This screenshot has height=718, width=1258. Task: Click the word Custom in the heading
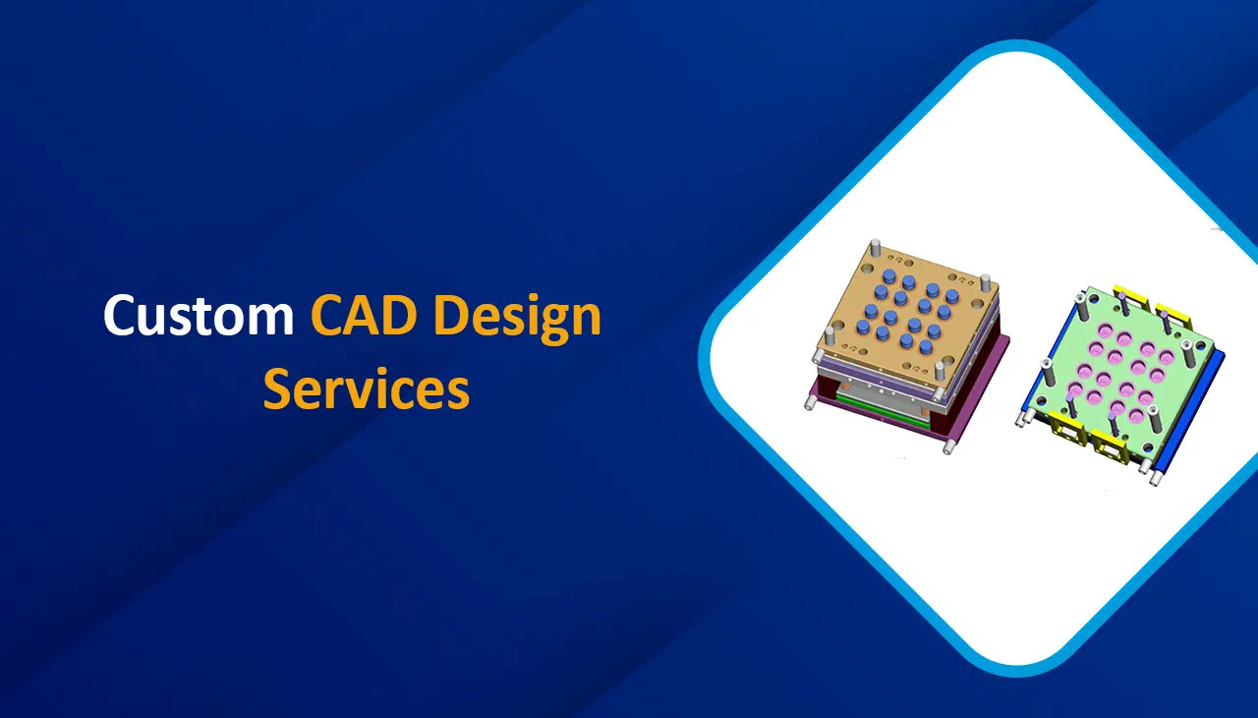(x=199, y=317)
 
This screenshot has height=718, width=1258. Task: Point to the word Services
(x=366, y=389)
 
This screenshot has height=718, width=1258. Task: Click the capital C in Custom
(x=120, y=317)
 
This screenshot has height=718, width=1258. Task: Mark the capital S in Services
(x=279, y=389)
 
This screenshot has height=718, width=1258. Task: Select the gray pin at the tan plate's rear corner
(x=875, y=248)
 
